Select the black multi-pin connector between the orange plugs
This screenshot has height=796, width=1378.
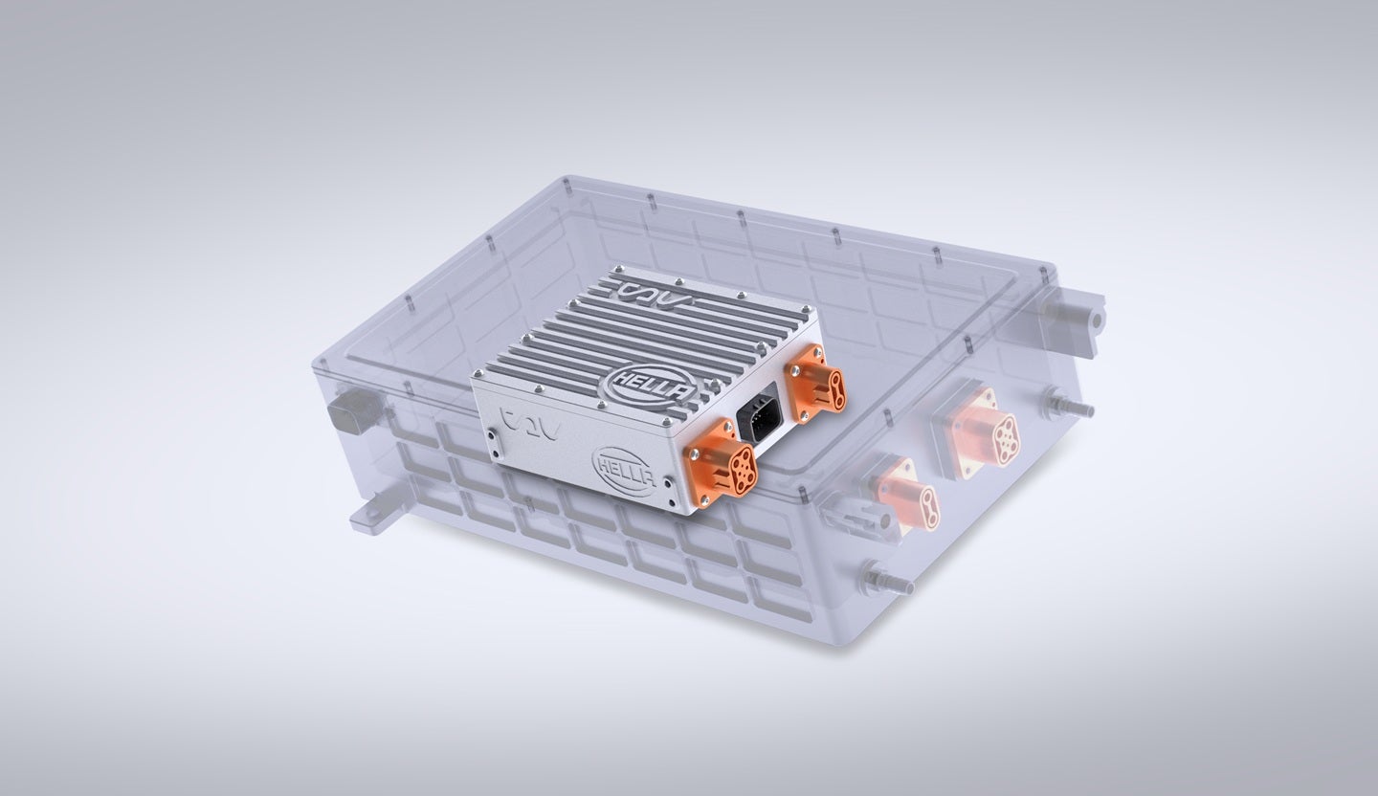click(x=761, y=418)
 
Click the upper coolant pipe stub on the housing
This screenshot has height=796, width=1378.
click(x=1070, y=406)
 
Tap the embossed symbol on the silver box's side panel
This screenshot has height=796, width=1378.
click(x=525, y=418)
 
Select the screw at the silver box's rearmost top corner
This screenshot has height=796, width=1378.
click(x=622, y=269)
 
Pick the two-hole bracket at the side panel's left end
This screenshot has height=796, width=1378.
click(x=492, y=443)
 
